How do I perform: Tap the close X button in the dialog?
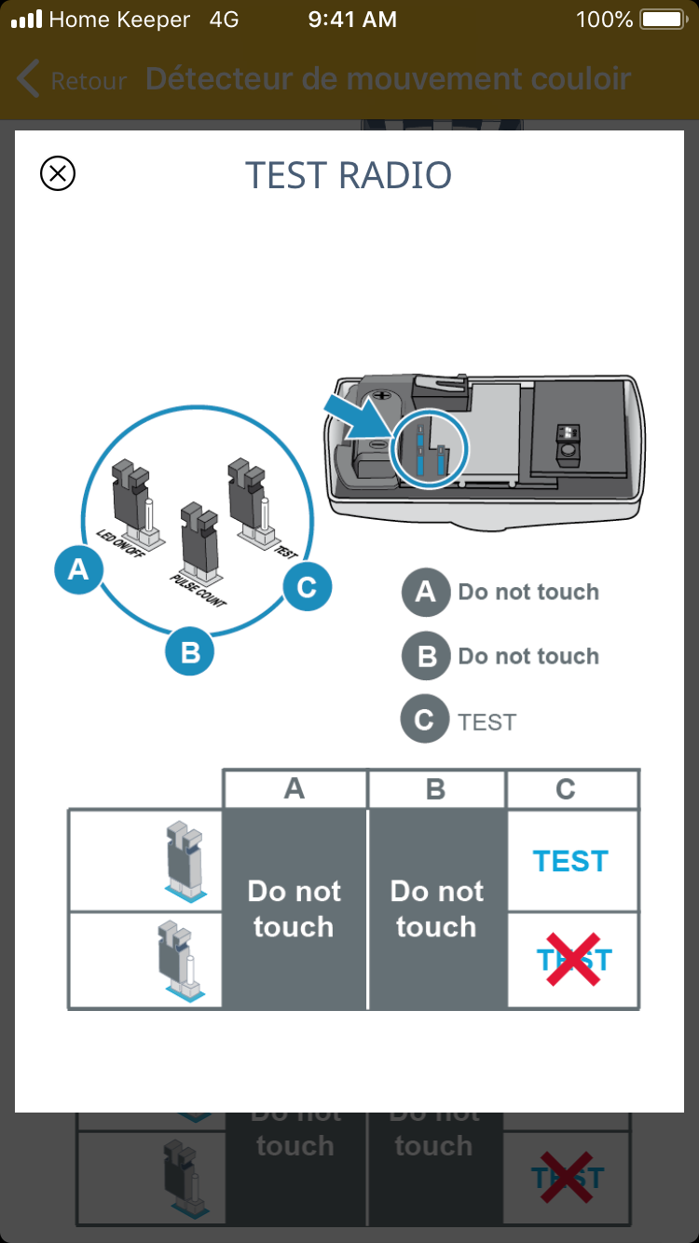[58, 173]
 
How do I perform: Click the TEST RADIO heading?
[349, 175]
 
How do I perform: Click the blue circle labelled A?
[78, 568]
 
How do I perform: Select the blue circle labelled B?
[190, 651]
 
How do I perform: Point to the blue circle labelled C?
[307, 587]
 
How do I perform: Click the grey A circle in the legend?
[426, 592]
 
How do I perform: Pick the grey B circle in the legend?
[426, 657]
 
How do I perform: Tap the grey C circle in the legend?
[424, 721]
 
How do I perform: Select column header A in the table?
[295, 789]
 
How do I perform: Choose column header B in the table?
[435, 789]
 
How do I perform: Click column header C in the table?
[566, 789]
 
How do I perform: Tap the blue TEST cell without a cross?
[570, 861]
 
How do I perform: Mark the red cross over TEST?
[572, 960]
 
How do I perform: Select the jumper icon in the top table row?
[184, 860]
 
